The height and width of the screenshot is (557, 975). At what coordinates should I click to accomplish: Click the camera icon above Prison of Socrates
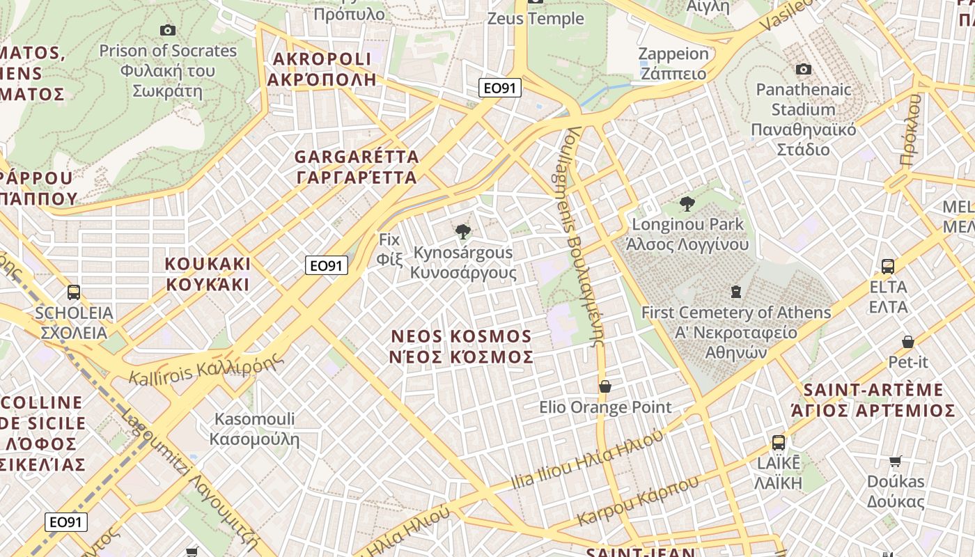(168, 30)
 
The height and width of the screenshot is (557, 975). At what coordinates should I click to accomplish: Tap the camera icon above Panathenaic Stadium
(804, 69)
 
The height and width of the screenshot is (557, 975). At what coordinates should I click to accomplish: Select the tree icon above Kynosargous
(462, 232)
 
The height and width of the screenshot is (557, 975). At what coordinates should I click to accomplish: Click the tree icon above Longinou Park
(687, 204)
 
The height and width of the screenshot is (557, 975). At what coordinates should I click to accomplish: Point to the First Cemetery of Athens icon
(736, 292)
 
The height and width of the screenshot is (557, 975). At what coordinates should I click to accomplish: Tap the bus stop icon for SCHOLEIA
(74, 292)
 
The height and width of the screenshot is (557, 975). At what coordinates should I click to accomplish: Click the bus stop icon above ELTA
(888, 266)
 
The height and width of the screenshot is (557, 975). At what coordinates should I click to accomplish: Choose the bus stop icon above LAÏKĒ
(779, 442)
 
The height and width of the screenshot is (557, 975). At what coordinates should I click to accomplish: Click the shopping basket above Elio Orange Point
(605, 386)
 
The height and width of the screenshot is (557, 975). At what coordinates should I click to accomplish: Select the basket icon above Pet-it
(908, 342)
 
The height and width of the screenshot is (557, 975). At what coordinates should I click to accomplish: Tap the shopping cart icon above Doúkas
(896, 461)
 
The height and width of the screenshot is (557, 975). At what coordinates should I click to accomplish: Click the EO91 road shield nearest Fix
(327, 265)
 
